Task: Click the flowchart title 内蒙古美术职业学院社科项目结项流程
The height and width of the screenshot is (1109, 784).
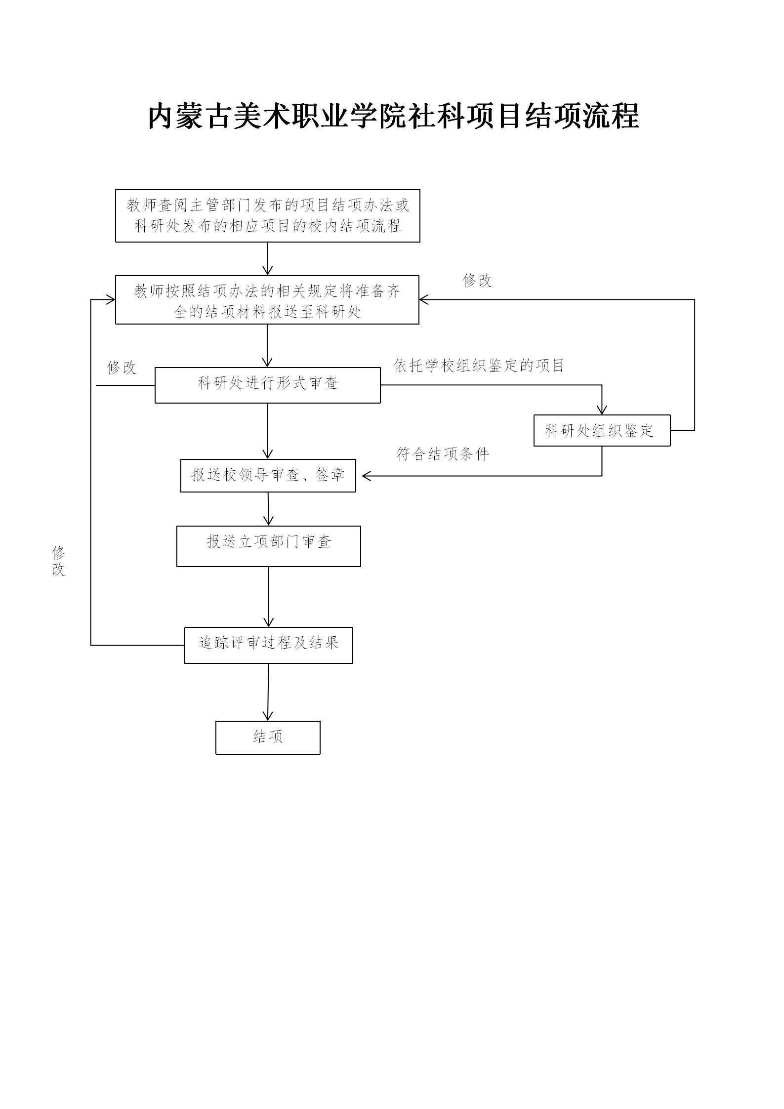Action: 393,117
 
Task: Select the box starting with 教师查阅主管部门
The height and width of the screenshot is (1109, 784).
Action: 267,216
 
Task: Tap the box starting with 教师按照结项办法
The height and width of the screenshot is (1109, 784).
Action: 267,300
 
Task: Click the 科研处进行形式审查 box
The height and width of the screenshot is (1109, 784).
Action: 267,385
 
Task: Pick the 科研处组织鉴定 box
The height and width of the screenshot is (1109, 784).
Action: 601,431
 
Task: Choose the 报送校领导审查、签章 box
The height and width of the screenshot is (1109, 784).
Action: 268,475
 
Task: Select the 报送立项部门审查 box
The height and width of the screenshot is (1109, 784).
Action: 268,546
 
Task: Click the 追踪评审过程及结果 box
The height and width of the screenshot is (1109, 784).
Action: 268,645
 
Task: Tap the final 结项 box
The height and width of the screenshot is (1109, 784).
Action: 268,738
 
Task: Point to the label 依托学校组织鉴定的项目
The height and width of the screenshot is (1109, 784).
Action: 478,366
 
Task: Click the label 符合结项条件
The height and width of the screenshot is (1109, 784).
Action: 443,454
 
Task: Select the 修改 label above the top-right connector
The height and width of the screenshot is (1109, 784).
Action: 477,281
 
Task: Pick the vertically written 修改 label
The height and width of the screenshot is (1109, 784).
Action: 58,561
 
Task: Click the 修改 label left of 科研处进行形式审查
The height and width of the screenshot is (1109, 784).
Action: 122,368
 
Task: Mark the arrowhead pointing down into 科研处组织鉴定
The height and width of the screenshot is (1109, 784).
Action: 602,410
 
